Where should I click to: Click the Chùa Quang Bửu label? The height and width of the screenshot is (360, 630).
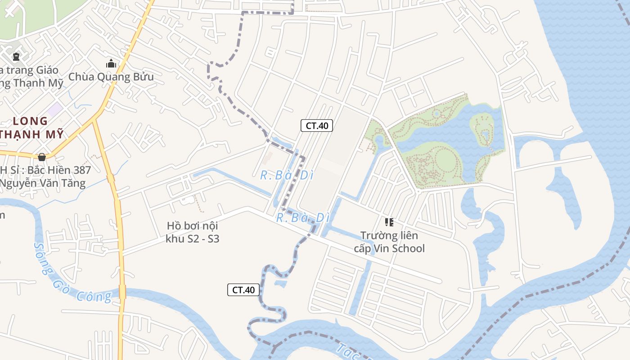tap(111, 77)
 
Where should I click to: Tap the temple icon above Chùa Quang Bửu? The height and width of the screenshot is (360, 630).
tap(111, 64)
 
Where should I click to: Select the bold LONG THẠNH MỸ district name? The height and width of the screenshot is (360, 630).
tap(31, 127)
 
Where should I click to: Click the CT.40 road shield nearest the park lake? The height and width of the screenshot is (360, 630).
tap(317, 126)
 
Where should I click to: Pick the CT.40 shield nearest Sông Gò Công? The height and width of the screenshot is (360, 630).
tap(243, 290)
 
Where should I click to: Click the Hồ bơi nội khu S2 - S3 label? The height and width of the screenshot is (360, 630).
tap(192, 232)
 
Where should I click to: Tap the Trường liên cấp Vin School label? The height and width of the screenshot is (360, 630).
tap(389, 242)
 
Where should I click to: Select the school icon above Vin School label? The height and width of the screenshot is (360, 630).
tap(389, 222)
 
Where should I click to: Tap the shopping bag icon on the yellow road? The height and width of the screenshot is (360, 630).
tap(42, 157)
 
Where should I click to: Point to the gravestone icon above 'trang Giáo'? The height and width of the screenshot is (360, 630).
tap(16, 57)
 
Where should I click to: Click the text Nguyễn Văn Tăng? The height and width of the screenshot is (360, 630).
tap(42, 183)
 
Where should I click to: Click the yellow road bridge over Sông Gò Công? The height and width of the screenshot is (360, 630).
tap(122, 291)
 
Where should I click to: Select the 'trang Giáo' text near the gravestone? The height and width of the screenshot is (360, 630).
tap(29, 70)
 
